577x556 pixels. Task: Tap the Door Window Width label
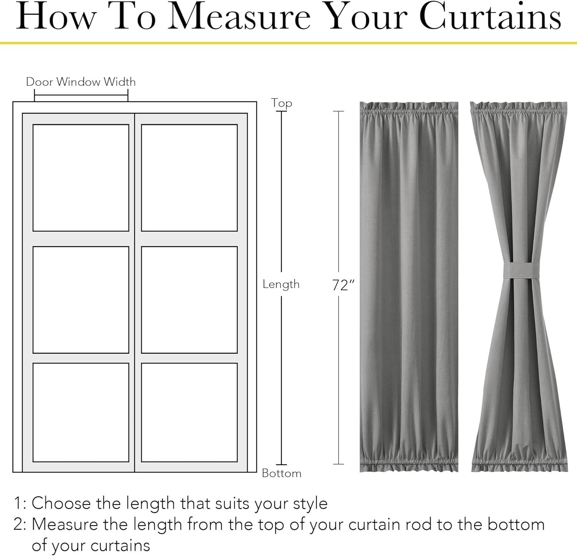click(x=81, y=82)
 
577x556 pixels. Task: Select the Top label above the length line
click(x=282, y=103)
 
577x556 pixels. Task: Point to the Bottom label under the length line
click(x=282, y=473)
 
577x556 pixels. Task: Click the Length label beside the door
click(x=281, y=284)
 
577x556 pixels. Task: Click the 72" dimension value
click(x=343, y=285)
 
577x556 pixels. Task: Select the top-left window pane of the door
click(x=81, y=178)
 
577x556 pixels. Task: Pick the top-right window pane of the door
click(x=189, y=178)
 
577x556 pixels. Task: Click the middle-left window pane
click(x=81, y=300)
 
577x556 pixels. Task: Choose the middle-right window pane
click(x=189, y=300)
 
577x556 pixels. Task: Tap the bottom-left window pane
click(x=81, y=412)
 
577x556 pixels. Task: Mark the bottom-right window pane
click(x=189, y=412)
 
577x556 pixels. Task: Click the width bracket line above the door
click(x=81, y=95)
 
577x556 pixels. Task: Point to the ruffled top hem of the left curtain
click(x=409, y=109)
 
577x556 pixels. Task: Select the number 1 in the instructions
click(x=17, y=503)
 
